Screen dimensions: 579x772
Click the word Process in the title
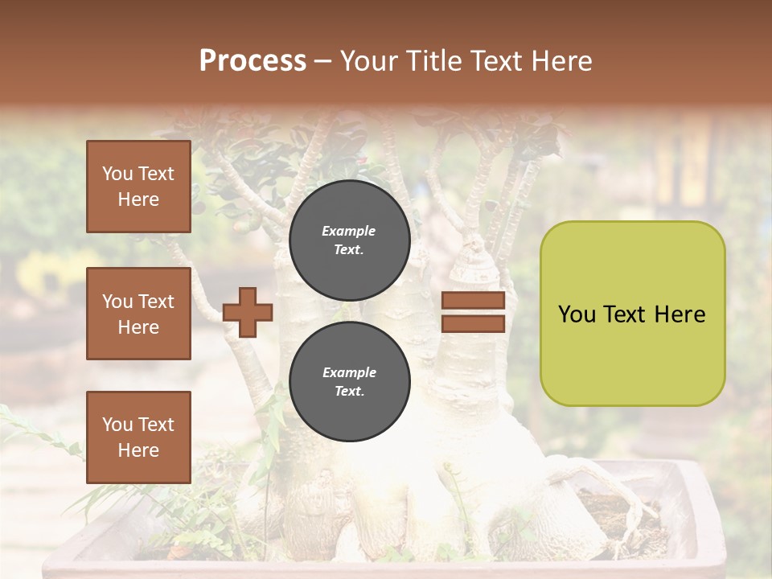tap(253, 61)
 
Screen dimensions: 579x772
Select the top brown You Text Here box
tap(138, 187)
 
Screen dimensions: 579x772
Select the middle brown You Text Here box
tap(138, 314)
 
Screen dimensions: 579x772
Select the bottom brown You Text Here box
tap(138, 437)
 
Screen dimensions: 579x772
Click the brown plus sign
tap(248, 312)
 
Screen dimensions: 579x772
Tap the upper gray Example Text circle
tap(349, 240)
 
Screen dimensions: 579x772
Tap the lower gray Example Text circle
tap(349, 381)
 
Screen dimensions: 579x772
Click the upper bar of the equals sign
tap(473, 301)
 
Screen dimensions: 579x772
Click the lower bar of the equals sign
tap(473, 323)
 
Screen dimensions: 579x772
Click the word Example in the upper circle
tap(349, 231)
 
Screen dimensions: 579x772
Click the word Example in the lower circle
tap(349, 372)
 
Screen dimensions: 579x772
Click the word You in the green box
tap(577, 314)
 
